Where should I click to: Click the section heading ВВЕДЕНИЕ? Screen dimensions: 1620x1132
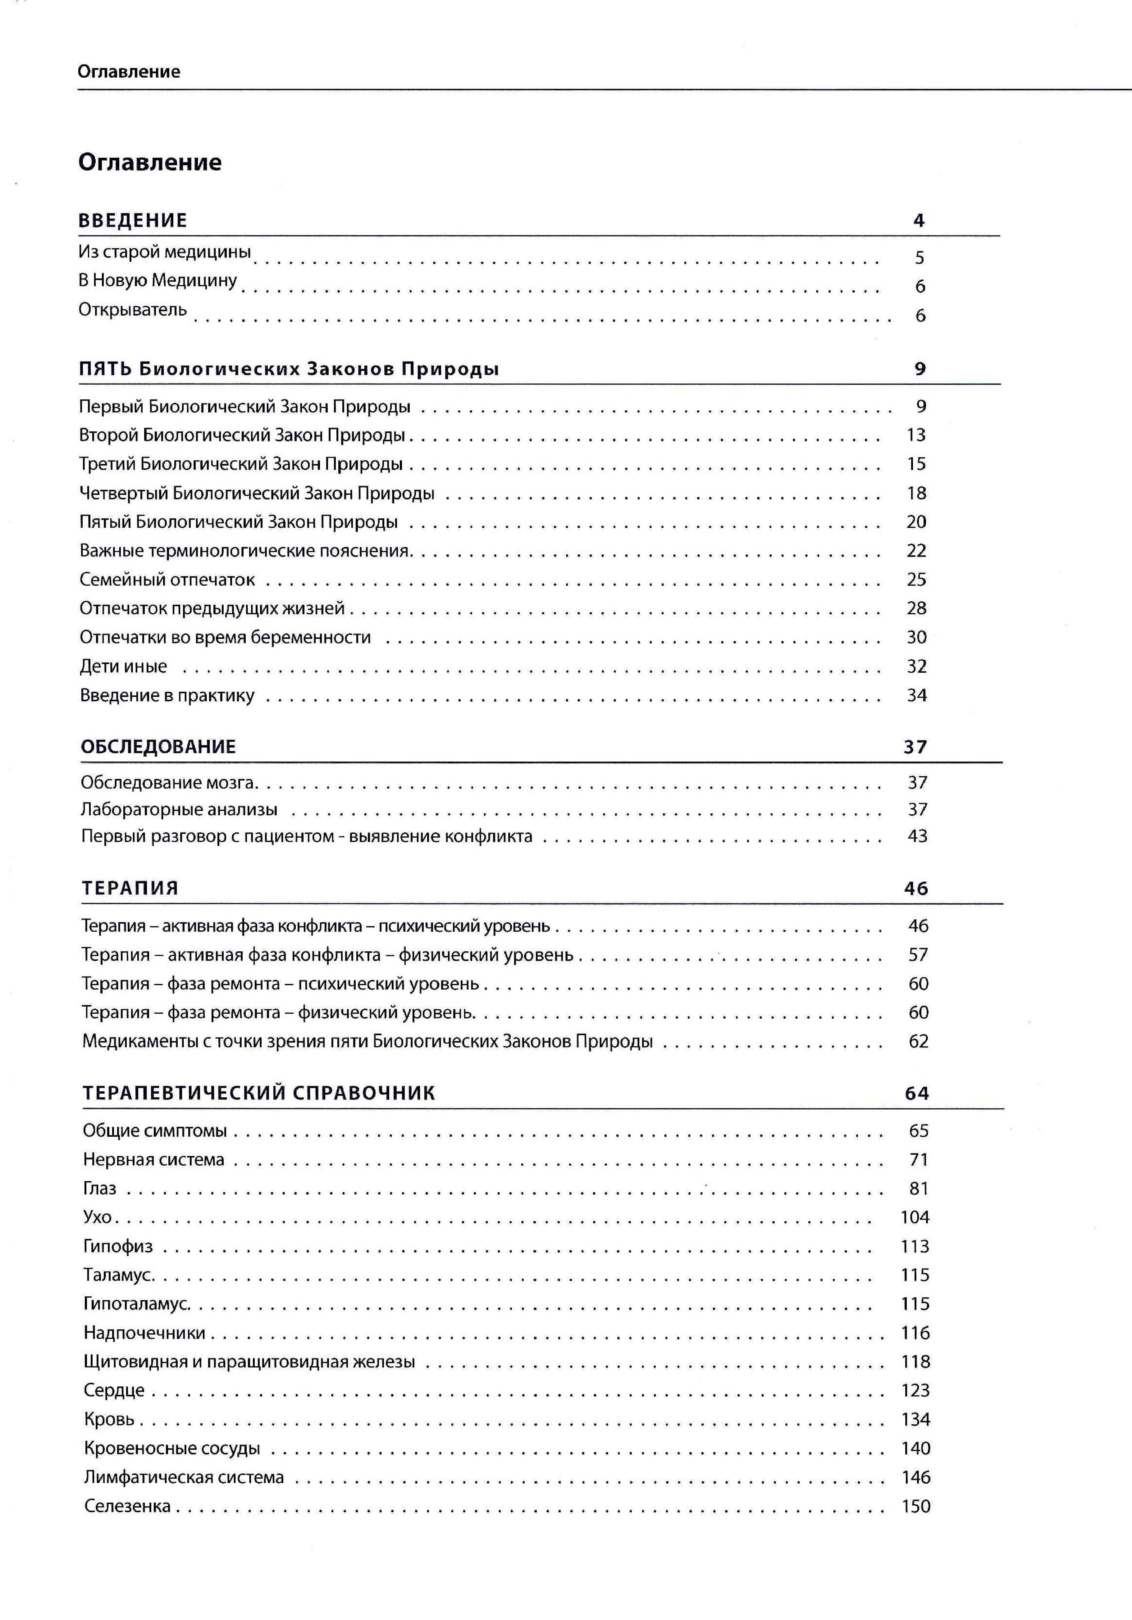click(133, 220)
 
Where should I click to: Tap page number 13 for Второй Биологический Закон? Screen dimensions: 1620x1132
click(916, 435)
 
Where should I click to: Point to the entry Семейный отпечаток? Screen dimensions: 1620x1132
click(167, 579)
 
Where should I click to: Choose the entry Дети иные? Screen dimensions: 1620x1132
click(124, 666)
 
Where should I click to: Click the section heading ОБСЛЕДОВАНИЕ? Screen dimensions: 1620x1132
click(158, 747)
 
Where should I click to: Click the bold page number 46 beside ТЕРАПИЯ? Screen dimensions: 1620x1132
click(916, 888)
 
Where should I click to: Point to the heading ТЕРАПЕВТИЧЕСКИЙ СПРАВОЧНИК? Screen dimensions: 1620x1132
click(259, 1093)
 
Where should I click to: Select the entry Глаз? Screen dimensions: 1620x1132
click(99, 1188)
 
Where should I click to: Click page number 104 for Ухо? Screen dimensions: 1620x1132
click(915, 1217)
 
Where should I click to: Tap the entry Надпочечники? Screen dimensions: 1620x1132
click(145, 1333)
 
